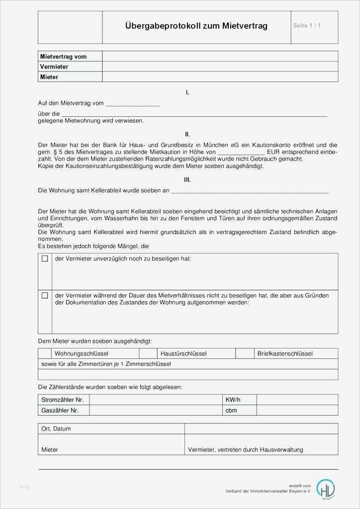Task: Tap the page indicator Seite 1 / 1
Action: pyautogui.click(x=307, y=25)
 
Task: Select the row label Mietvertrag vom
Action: pyautogui.click(x=63, y=57)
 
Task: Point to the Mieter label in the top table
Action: pyautogui.click(x=49, y=77)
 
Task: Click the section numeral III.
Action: pyautogui.click(x=187, y=180)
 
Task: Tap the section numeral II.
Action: pyautogui.click(x=187, y=134)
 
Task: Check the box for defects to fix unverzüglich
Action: pyautogui.click(x=45, y=259)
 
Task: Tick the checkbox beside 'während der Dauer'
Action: pyautogui.click(x=45, y=295)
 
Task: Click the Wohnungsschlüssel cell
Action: pyautogui.click(x=82, y=353)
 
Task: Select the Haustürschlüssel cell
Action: pyautogui.click(x=183, y=353)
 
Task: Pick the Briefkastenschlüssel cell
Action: pyautogui.click(x=285, y=353)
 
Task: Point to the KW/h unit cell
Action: pyautogui.click(x=233, y=400)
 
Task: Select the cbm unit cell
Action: pyautogui.click(x=231, y=410)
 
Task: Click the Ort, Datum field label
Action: pyautogui.click(x=56, y=428)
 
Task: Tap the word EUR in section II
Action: pyautogui.click(x=273, y=152)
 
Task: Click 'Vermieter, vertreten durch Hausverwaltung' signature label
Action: pyautogui.click(x=246, y=449)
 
